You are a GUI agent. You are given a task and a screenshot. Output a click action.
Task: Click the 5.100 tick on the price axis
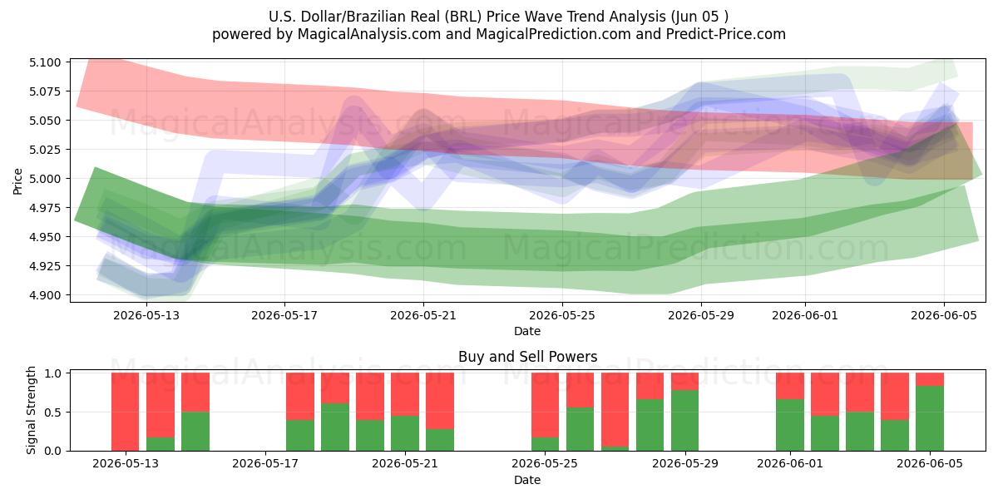click(x=45, y=62)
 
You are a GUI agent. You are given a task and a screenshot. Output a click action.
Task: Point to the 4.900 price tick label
click(x=45, y=295)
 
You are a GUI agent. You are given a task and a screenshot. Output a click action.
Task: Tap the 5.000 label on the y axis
click(x=45, y=179)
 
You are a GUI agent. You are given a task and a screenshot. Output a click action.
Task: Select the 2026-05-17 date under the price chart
click(x=284, y=315)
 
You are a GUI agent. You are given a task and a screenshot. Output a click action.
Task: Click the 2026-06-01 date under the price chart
click(x=805, y=315)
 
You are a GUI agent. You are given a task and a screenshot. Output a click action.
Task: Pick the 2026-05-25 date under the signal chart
click(x=545, y=463)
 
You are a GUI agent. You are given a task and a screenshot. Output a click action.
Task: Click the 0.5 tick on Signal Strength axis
click(x=53, y=413)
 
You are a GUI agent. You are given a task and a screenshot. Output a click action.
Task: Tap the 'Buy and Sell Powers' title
click(x=527, y=357)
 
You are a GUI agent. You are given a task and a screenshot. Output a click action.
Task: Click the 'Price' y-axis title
click(x=17, y=181)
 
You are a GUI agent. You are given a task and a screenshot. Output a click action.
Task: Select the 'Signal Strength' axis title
click(x=31, y=410)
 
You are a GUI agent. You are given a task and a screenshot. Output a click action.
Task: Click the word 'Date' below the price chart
click(x=527, y=331)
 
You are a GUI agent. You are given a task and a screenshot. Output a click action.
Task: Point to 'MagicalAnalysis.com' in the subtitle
click(x=369, y=34)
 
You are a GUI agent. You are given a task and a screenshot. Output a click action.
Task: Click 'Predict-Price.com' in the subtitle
click(x=726, y=34)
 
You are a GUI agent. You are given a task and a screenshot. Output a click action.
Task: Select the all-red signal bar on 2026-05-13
click(x=126, y=412)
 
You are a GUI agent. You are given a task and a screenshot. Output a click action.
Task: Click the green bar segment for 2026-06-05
click(x=930, y=418)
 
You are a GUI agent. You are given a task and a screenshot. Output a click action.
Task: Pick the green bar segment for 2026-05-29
click(x=684, y=421)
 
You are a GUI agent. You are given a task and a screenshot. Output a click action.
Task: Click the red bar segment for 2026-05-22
click(x=440, y=401)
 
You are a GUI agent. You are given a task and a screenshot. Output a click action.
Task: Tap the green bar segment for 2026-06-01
click(x=790, y=425)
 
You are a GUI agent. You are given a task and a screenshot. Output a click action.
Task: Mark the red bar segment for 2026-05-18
click(x=300, y=397)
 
